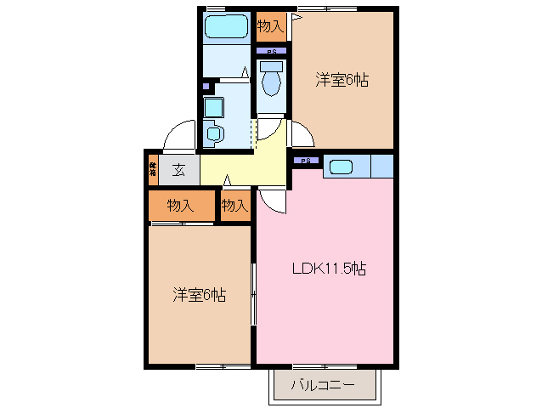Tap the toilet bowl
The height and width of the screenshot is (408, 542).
pyautogui.click(x=271, y=82)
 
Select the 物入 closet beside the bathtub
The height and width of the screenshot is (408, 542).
pyautogui.click(x=271, y=26)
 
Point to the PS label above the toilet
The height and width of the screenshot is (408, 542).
pyautogui.click(x=271, y=52)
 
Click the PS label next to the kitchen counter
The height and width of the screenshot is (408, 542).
pyautogui.click(x=306, y=161)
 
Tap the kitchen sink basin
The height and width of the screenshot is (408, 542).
pyautogui.click(x=341, y=167)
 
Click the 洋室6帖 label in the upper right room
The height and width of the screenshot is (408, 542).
pyautogui.click(x=342, y=81)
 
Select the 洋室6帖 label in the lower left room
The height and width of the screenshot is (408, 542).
pyautogui.click(x=200, y=295)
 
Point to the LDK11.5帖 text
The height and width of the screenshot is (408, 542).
pyautogui.click(x=329, y=269)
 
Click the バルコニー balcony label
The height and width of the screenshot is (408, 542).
pyautogui.click(x=322, y=385)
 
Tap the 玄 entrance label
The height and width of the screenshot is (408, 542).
pyautogui.click(x=179, y=168)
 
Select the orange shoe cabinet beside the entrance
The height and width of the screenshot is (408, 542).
pyautogui.click(x=153, y=168)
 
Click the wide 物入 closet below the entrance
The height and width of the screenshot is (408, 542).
pyautogui.click(x=180, y=206)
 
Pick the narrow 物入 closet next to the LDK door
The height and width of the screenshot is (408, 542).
pyautogui.click(x=234, y=206)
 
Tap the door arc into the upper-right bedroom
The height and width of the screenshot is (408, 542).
pyautogui.click(x=303, y=133)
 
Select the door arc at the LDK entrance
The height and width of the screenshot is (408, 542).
pyautogui.click(x=274, y=201)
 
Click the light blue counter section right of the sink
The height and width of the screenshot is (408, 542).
pyautogui.click(x=381, y=166)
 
